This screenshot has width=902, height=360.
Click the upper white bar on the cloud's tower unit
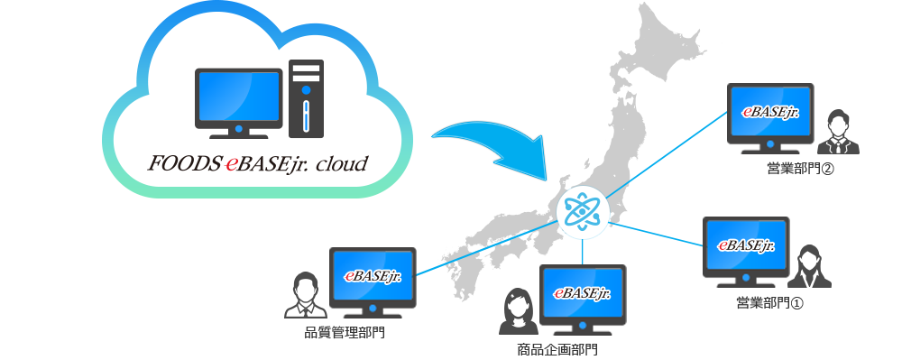point(307,68)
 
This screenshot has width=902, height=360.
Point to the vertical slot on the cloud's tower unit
point(307,116)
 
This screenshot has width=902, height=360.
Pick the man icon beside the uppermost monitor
point(838,132)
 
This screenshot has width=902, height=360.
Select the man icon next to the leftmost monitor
point(305,294)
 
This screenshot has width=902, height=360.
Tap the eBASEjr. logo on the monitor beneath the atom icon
point(582,294)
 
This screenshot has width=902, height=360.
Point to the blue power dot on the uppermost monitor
point(771,143)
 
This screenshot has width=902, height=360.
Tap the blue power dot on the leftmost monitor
point(372,307)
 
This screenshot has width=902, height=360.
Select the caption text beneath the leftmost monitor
point(345,332)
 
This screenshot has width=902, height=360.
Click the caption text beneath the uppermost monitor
point(799,169)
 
